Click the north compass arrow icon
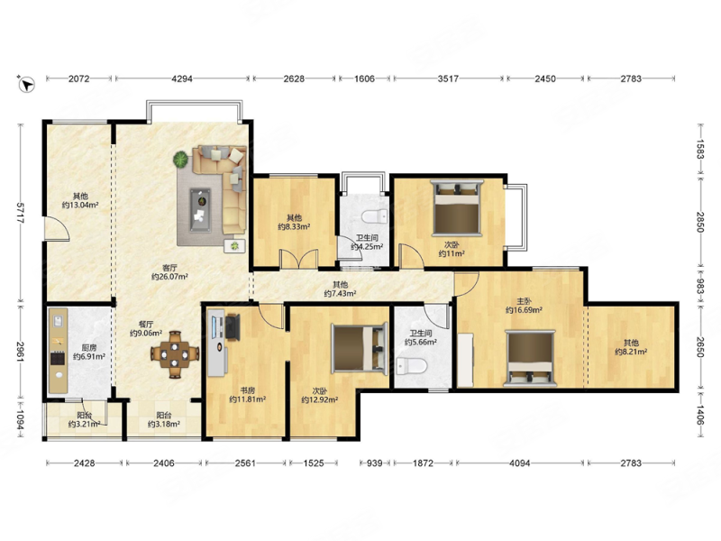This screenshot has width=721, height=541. coord(27,84)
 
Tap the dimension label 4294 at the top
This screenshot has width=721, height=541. coord(182,78)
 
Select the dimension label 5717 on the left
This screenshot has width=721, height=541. coord(20,213)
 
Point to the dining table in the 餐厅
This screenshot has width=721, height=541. coord(175,354)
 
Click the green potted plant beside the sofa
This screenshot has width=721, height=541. coord(181,160)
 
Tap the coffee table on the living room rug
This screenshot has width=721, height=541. coord(200,210)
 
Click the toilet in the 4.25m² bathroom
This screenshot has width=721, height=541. coord(375,215)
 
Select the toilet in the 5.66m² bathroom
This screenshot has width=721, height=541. coord(412,366)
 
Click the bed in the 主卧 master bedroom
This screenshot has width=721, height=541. coord(530,358)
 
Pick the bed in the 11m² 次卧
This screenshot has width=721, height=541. coord(457,207)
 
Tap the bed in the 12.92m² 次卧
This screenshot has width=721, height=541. coord(360,348)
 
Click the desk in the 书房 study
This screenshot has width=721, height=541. coord(217,343)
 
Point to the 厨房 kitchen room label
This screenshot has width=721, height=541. coord(89,348)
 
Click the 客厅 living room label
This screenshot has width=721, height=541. coord(169,268)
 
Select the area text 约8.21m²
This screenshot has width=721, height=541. coord(632,352)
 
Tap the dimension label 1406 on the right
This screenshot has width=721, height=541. coord(699,415)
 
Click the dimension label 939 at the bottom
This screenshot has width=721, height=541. coord(374,463)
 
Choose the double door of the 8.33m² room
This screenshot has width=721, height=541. coord(299,259)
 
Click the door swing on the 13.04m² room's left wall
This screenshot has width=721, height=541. coord(57,229)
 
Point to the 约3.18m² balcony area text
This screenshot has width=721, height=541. coord(164,425)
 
